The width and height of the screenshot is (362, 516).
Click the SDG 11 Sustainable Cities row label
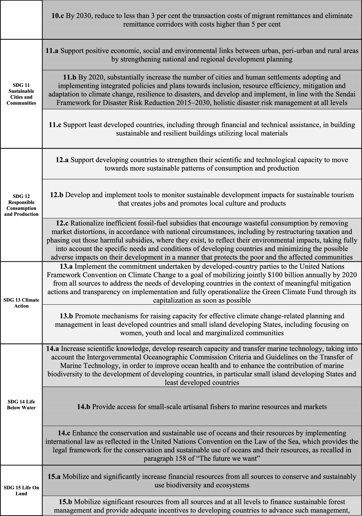pyautogui.click(x=21, y=94)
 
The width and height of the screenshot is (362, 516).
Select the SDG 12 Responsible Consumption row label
pyautogui.click(x=21, y=205)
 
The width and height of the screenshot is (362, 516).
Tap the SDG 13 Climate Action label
pyautogui.click(x=21, y=303)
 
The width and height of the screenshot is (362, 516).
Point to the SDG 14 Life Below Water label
pyautogui.click(x=21, y=405)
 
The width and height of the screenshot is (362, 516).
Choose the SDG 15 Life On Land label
pyautogui.click(x=21, y=490)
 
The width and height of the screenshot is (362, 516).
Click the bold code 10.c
pyautogui.click(x=58, y=16)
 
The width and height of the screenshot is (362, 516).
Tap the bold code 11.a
pyautogui.click(x=52, y=51)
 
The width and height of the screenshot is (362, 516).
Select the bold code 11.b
pyautogui.click(x=70, y=77)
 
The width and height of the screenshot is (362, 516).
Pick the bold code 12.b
pyautogui.click(x=57, y=195)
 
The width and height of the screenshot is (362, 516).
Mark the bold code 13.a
pyautogui.click(x=66, y=266)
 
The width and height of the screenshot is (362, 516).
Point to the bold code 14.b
pyautogui.click(x=83, y=407)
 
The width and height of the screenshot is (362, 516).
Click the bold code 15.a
pyautogui.click(x=54, y=476)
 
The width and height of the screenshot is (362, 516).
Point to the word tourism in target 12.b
pyautogui.click(x=342, y=195)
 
